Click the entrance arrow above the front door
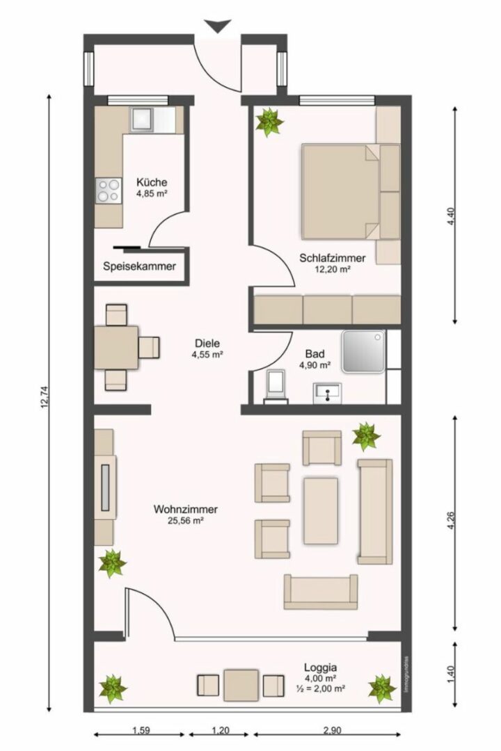pyautogui.click(x=218, y=26)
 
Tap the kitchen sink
pyautogui.click(x=141, y=120)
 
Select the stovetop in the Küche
pyautogui.click(x=109, y=190)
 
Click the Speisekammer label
pyautogui.click(x=139, y=266)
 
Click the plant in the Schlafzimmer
pyautogui.click(x=269, y=122)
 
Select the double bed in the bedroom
pyautogui.click(x=351, y=192)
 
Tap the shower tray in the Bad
pyautogui.click(x=363, y=351)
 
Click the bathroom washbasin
pyautogui.click(x=327, y=393)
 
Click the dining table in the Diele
pyautogui.click(x=116, y=348)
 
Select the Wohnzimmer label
pyautogui.click(x=186, y=509)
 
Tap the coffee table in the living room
pyautogui.click(x=320, y=510)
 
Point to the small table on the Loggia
pyautogui.click(x=241, y=685)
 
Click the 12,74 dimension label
pyautogui.click(x=45, y=397)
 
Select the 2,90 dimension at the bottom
pyautogui.click(x=332, y=730)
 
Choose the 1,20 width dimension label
pyautogui.click(x=220, y=730)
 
